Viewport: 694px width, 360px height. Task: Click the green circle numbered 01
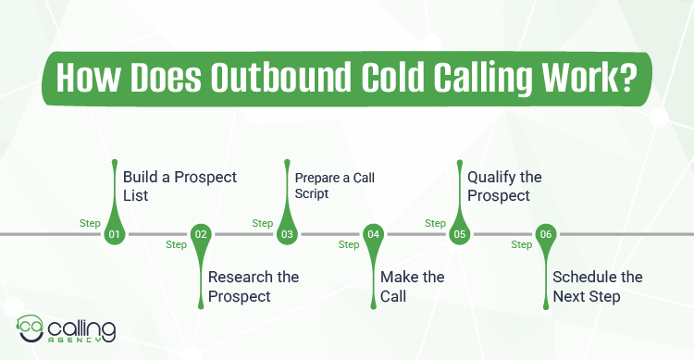[115, 234]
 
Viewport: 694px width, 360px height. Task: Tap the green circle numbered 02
[201, 234]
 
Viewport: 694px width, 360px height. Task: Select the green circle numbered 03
[287, 234]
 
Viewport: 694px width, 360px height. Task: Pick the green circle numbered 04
[374, 234]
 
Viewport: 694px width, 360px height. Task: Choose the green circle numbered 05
[459, 234]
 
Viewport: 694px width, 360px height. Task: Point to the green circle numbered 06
[546, 234]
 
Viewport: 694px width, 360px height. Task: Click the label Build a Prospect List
[167, 186]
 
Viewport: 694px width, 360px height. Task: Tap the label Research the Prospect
[253, 286]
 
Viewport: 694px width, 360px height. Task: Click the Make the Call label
[413, 286]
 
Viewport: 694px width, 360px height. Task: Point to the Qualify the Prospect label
[504, 186]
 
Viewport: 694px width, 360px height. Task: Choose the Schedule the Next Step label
[597, 286]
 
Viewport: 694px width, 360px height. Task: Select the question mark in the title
[627, 77]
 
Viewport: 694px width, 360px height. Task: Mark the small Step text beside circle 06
[522, 245]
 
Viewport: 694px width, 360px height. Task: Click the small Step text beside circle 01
[90, 223]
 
